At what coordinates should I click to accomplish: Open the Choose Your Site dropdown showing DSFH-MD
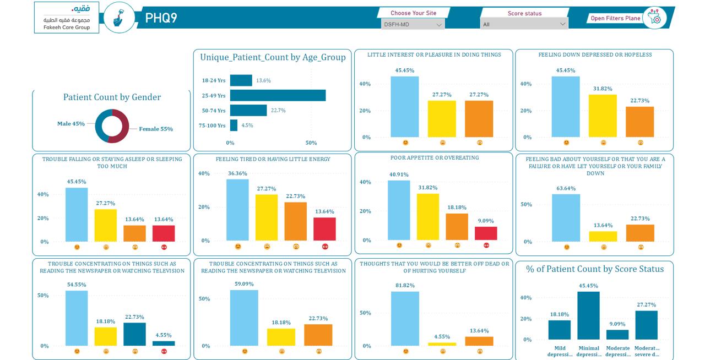413,24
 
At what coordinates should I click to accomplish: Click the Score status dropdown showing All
524,24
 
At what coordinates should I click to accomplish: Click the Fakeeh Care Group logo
67,17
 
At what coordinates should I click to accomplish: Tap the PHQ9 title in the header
161,18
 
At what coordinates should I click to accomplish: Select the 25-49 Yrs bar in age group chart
278,95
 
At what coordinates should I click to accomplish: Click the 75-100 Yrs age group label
212,126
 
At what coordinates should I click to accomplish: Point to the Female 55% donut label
156,129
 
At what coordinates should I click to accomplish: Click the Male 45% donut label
71,124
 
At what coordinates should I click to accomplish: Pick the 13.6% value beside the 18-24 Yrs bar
263,80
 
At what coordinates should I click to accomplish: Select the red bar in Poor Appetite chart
486,233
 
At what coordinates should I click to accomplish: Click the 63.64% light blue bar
566,218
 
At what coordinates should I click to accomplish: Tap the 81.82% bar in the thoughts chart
405,319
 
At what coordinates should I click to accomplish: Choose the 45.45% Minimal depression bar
589,315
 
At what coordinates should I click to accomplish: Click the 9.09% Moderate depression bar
617,335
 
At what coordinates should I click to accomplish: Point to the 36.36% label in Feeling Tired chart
237,173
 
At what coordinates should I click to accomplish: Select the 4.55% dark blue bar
164,343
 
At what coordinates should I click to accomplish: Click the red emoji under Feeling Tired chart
325,247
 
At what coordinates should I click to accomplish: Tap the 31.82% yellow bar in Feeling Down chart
603,116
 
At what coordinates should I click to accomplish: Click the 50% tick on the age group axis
311,143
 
